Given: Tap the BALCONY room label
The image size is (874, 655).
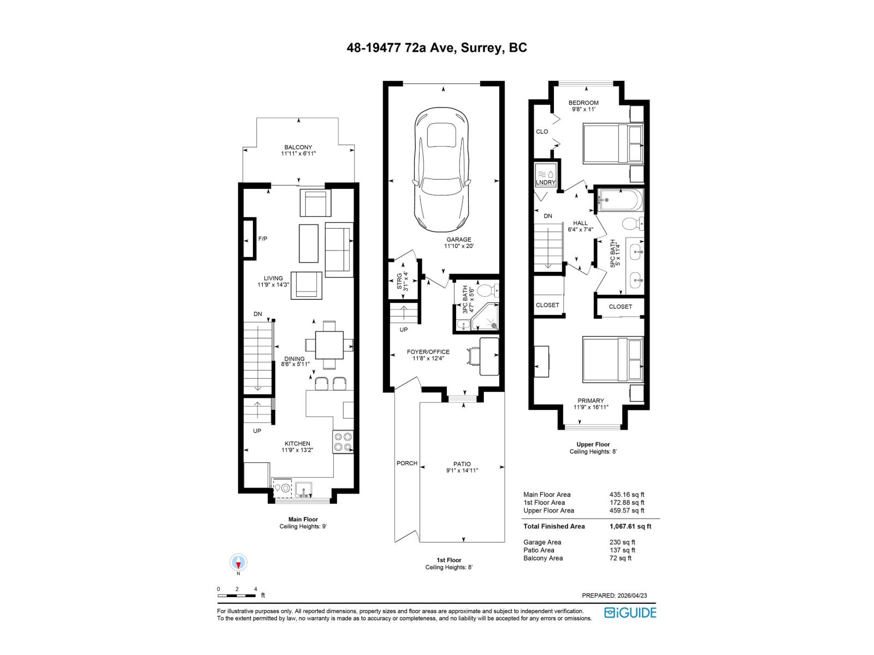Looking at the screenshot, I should pos(298,147).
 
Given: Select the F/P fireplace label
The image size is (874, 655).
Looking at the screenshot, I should pos(263,239).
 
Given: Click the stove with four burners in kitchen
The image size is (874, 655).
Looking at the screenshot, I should pos(343,442).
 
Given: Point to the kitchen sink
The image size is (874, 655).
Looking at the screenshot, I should pos(303,489).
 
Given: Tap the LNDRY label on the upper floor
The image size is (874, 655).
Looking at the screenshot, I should pos(546,182).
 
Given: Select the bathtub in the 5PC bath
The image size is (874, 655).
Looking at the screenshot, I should pos(620,200).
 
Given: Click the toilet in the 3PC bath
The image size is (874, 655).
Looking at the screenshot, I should pos(486,289).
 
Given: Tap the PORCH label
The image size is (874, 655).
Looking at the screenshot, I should pos(406,463).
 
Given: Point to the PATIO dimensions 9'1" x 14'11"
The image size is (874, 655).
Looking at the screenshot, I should pos(462,471).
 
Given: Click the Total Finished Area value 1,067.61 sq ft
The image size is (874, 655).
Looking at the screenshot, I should pos(630,527).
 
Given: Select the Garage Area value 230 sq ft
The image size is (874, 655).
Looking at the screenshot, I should pos(622,543).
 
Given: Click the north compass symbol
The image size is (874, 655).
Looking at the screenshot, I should pos(239,562).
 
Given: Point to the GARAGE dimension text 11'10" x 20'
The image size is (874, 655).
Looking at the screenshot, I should pos(458,246).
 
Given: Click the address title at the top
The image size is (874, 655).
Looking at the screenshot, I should pos(437,48).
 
